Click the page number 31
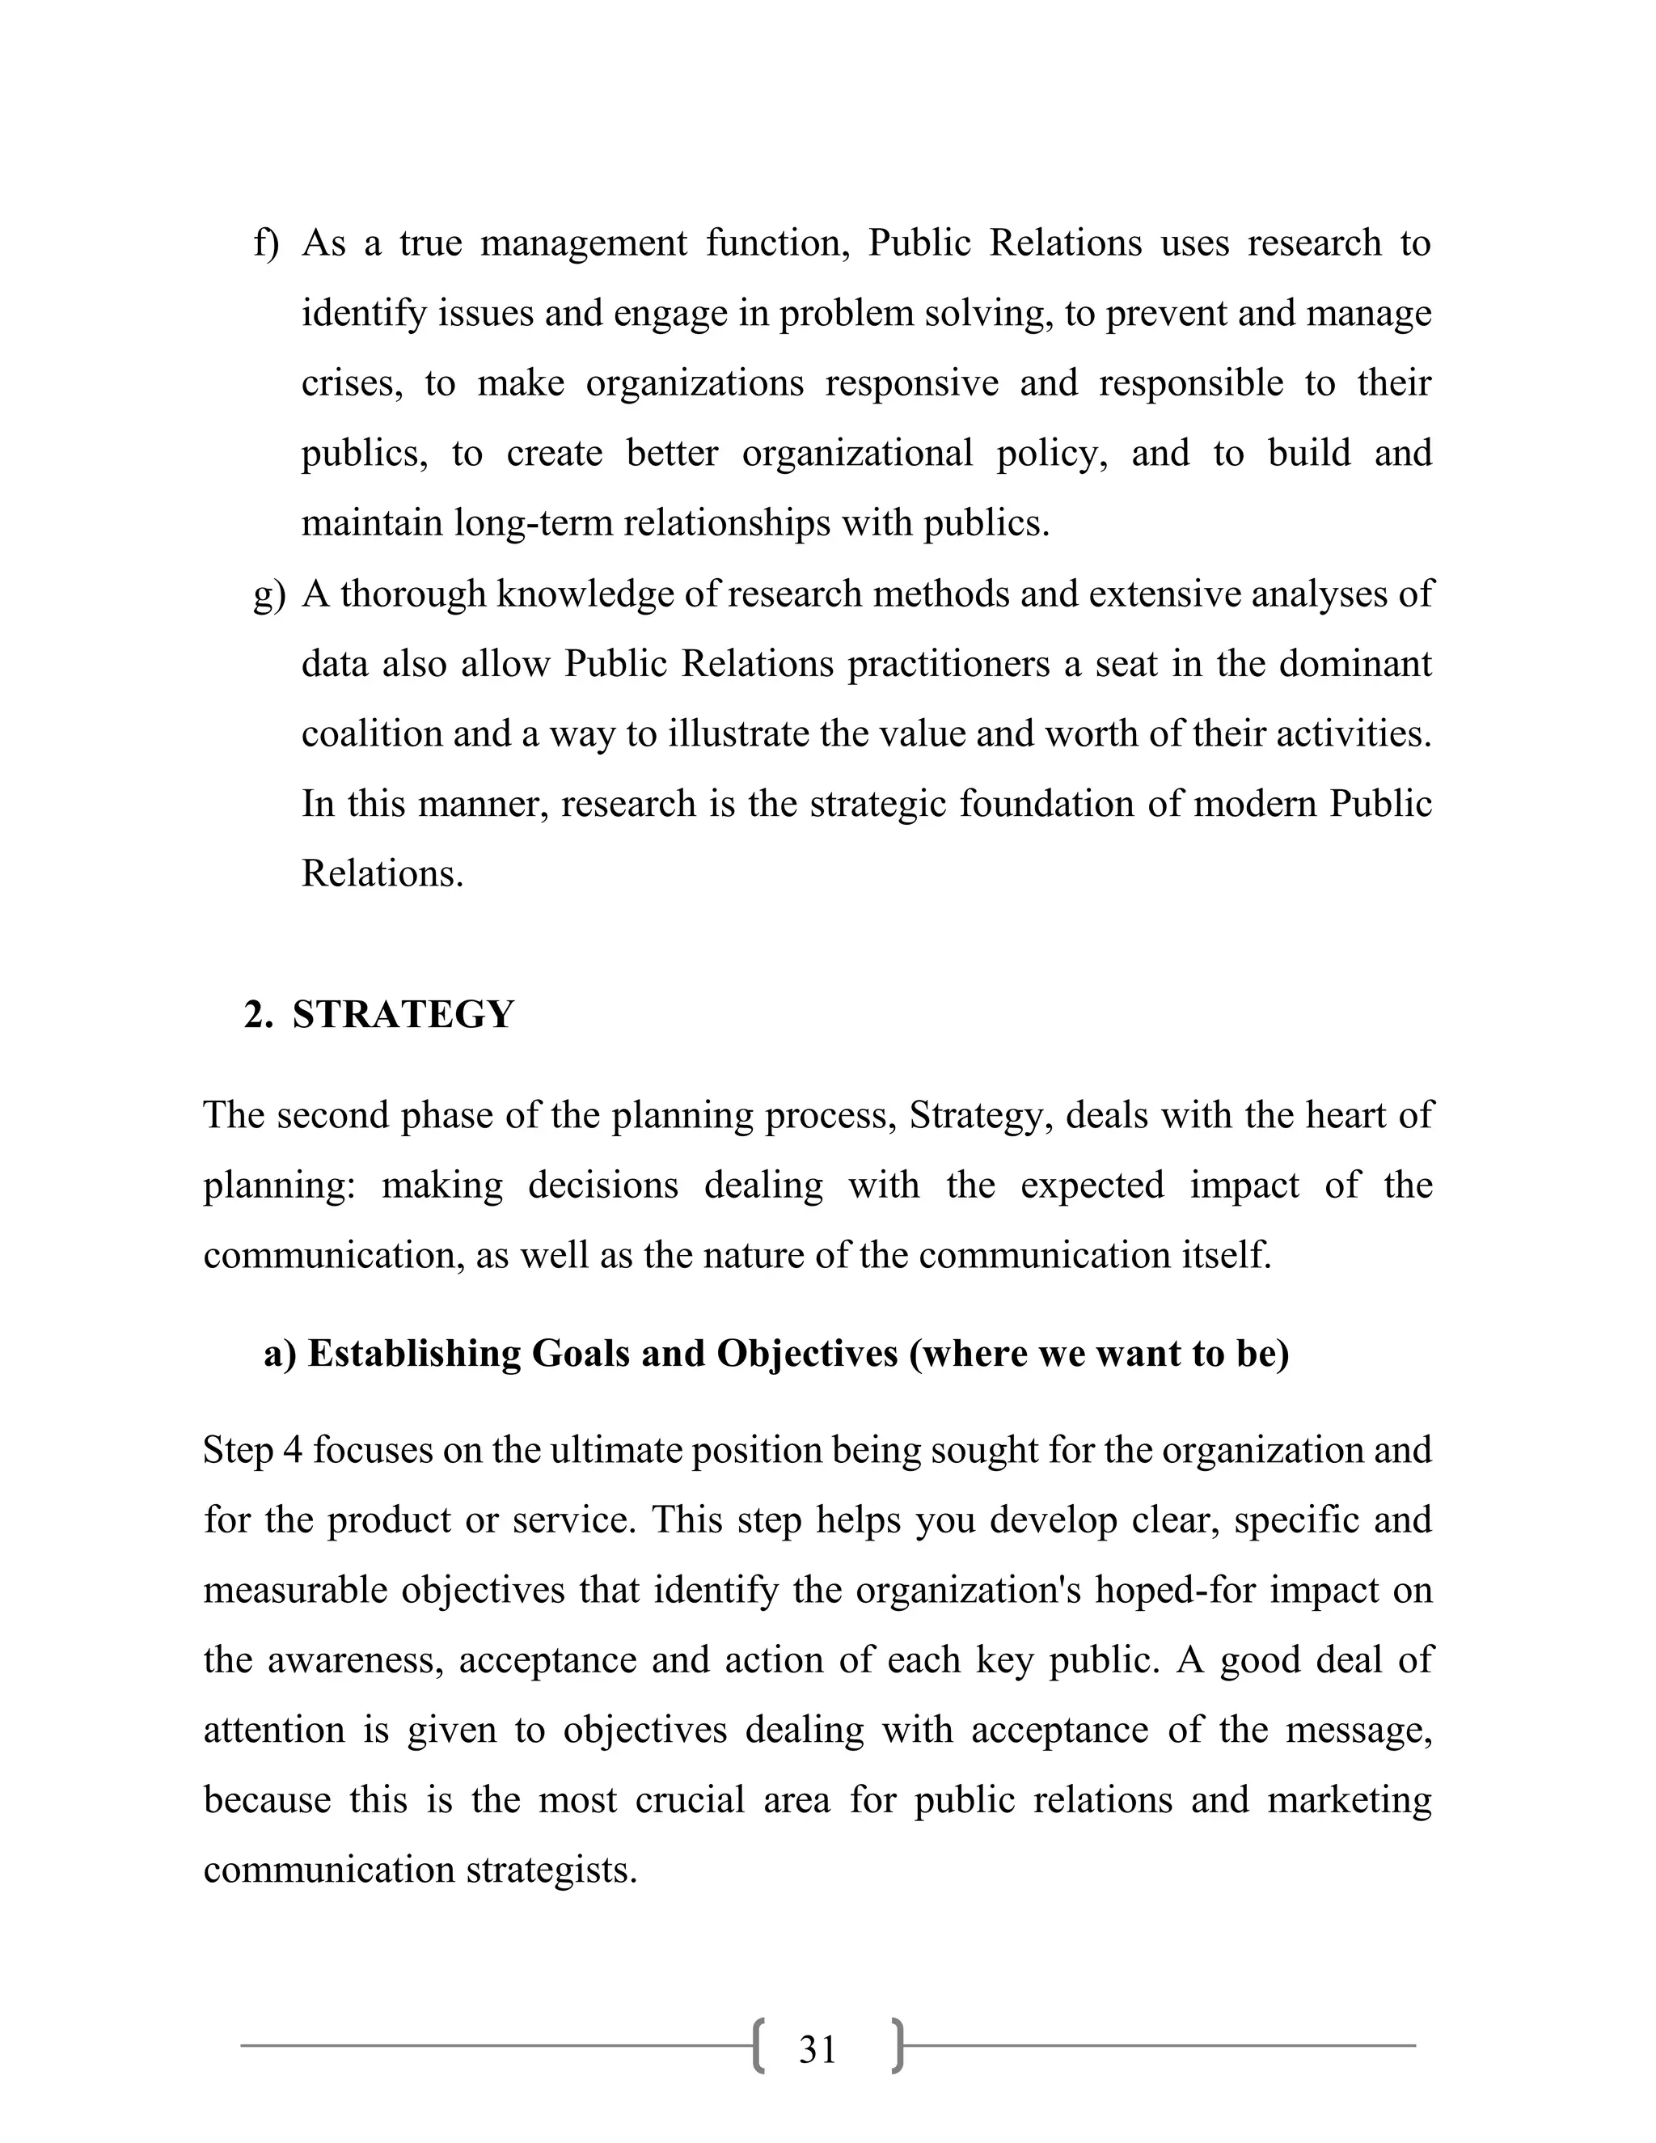tap(817, 2050)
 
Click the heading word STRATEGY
tap(403, 1015)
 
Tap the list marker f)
tap(266, 243)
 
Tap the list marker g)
tap(268, 594)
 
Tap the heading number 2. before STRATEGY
tap(258, 1015)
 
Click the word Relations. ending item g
tap(382, 873)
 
